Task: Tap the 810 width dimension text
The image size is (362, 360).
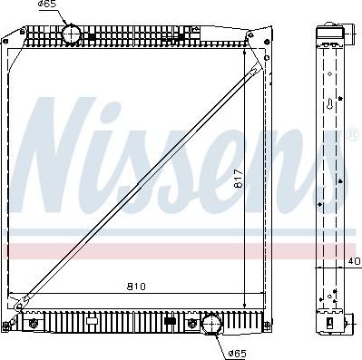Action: click(x=136, y=287)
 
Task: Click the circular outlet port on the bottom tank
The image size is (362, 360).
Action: click(x=210, y=324)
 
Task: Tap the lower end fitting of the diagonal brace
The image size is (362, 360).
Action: click(x=28, y=296)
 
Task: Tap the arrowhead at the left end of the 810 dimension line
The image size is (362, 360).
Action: click(x=28, y=294)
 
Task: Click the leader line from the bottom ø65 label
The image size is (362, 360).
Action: click(x=222, y=344)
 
